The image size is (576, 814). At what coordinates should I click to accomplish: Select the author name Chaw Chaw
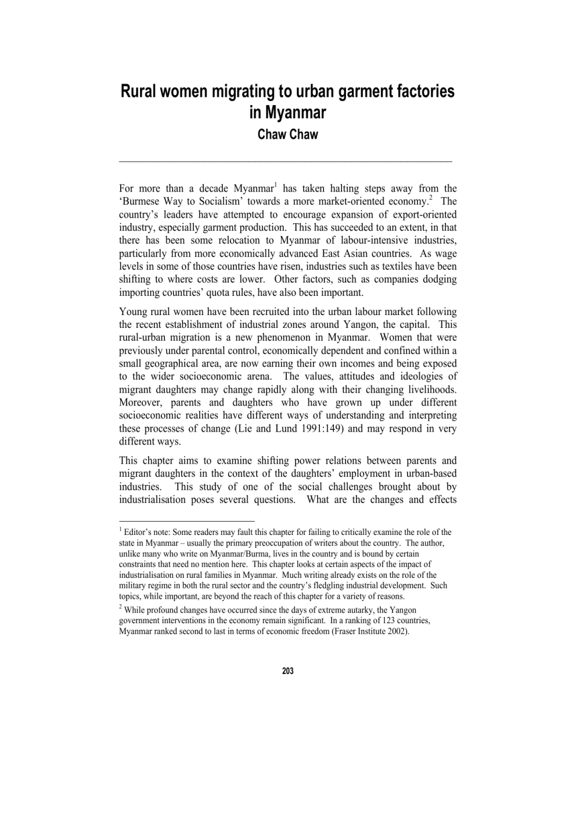pos(288,135)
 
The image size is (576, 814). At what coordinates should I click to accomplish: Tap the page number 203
pos(288,671)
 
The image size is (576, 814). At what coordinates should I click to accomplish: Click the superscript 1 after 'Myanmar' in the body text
pos(275,185)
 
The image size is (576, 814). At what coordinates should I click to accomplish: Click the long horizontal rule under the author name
pos(286,160)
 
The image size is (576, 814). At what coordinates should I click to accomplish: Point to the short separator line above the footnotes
pos(187,521)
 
